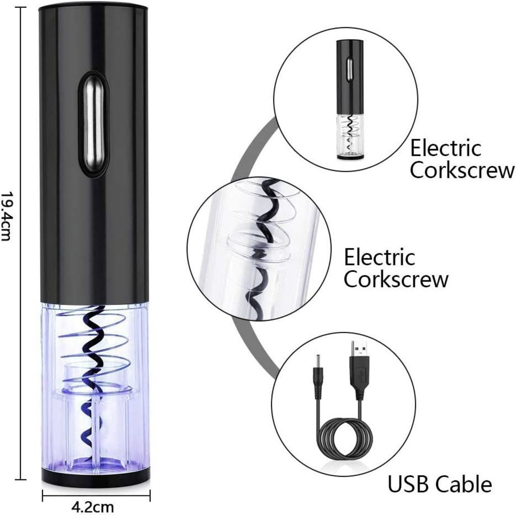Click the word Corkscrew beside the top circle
point(462,171)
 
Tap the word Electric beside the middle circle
point(379,256)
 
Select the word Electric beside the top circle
point(445,148)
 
